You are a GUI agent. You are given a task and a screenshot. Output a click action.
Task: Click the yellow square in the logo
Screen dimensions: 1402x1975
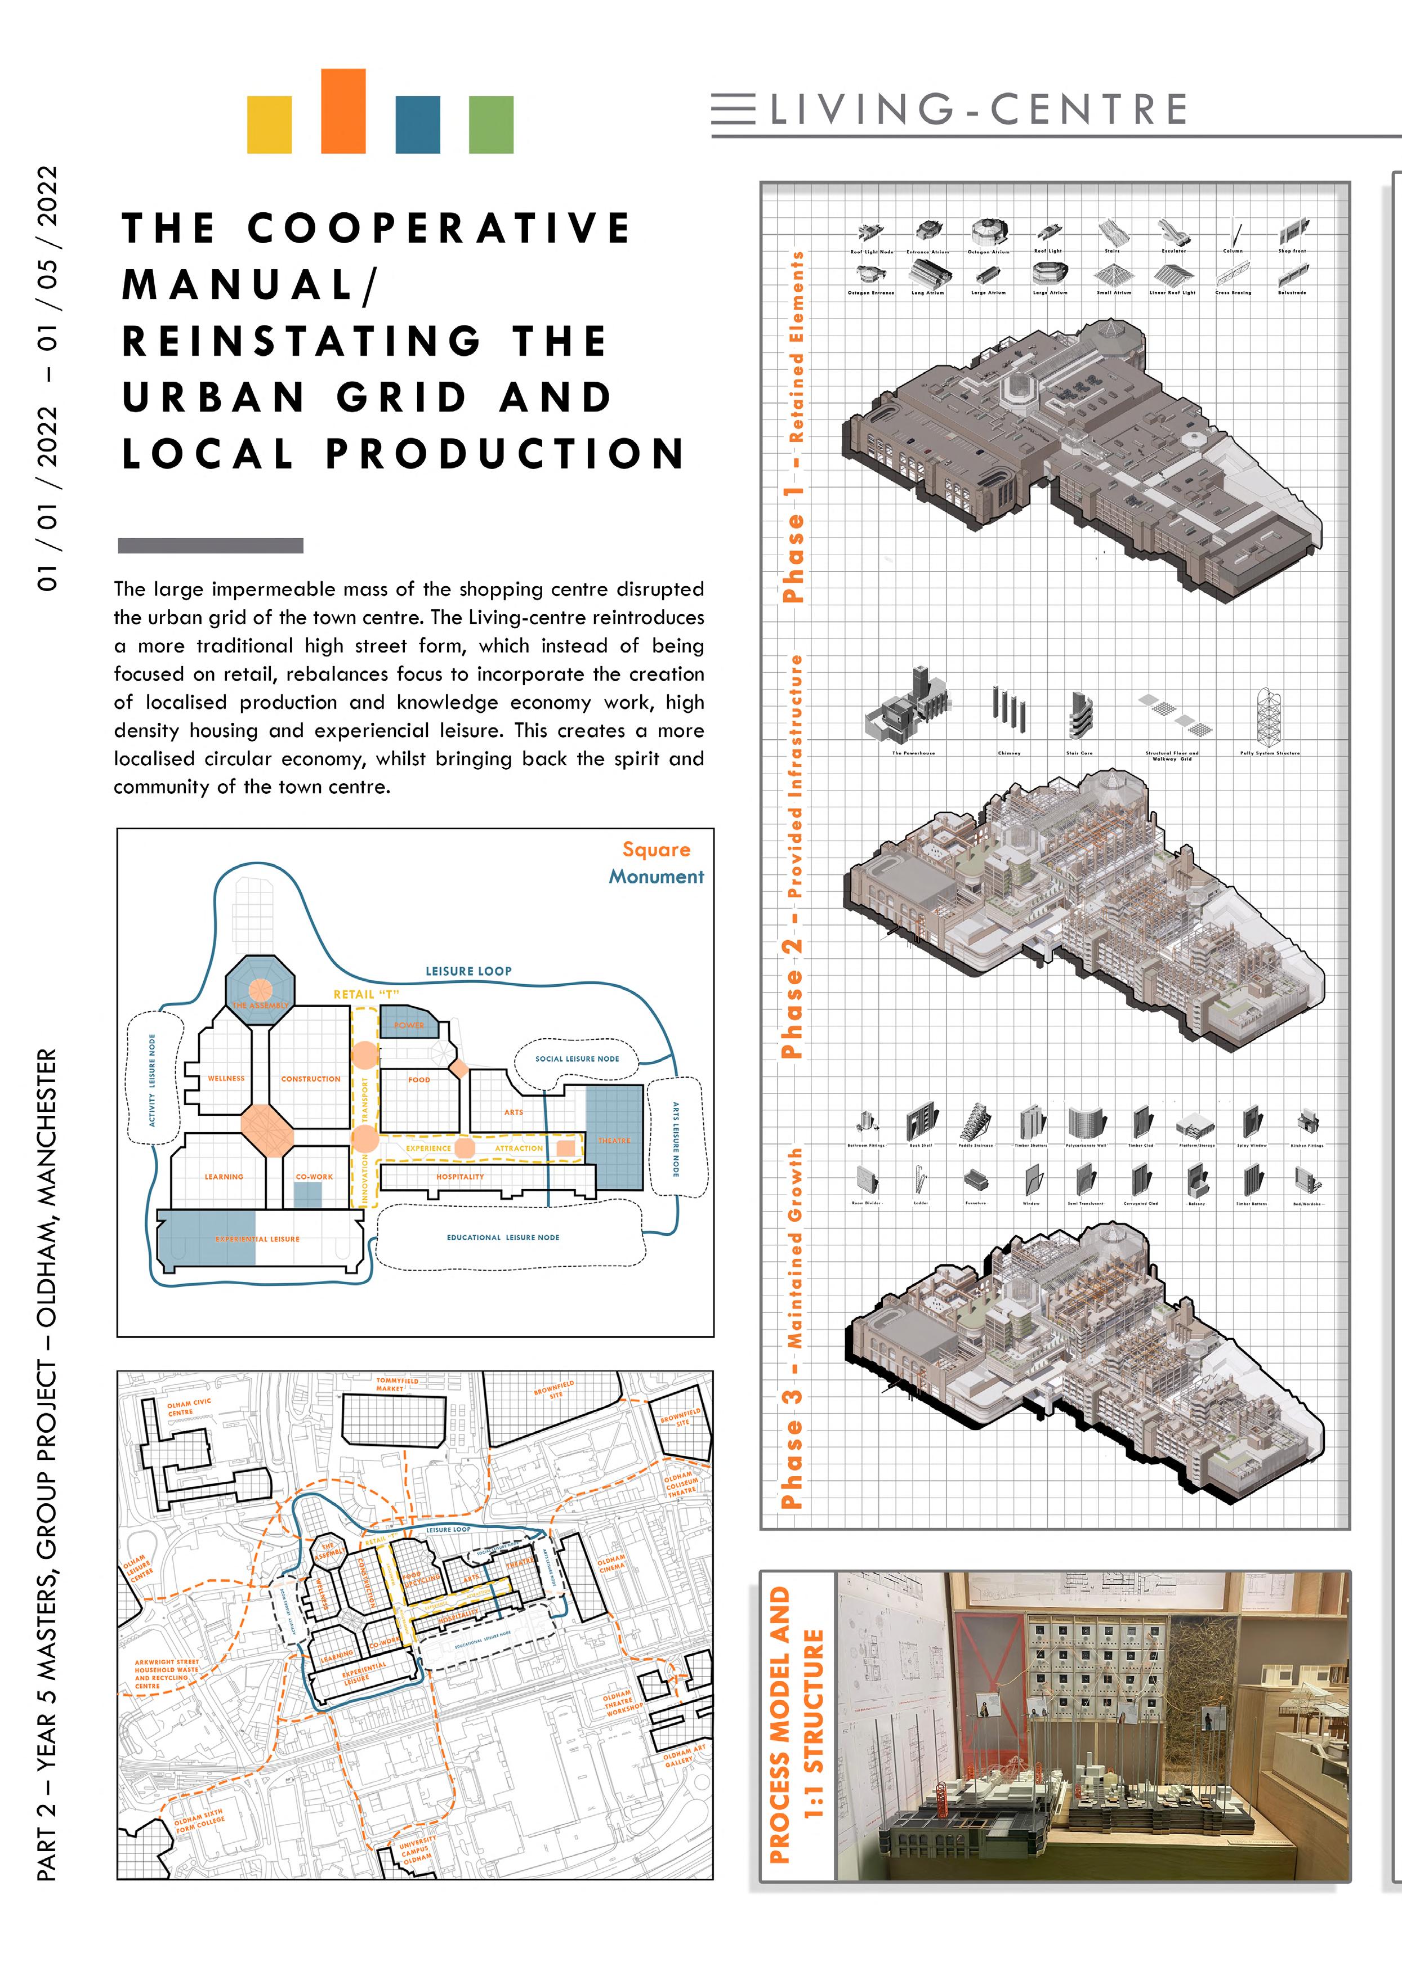coord(269,124)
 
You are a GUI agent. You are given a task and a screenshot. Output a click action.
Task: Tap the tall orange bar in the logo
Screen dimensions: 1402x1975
coord(343,110)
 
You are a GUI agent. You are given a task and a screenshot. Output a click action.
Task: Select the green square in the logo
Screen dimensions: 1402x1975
coord(490,124)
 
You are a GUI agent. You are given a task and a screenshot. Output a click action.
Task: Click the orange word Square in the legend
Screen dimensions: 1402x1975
coord(656,850)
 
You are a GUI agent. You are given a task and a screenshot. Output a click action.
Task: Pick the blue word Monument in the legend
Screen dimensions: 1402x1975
coord(656,876)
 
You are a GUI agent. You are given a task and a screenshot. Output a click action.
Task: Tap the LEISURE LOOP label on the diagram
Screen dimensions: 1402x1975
coord(468,971)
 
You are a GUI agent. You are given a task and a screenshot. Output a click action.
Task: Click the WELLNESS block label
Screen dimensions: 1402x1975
coord(226,1078)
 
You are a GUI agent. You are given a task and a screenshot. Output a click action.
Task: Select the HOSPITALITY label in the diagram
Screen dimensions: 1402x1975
coord(460,1177)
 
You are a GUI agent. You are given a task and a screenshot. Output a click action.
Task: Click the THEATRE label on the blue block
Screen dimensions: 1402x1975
coord(615,1140)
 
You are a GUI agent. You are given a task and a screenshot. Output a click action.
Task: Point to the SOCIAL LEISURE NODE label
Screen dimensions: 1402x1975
coord(577,1058)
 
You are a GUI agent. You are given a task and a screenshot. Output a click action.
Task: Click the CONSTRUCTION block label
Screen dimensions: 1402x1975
coord(311,1079)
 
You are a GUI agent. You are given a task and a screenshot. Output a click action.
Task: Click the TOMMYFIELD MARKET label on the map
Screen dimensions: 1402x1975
coord(396,1384)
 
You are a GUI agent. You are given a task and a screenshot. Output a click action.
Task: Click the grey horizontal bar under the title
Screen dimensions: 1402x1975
coord(211,546)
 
